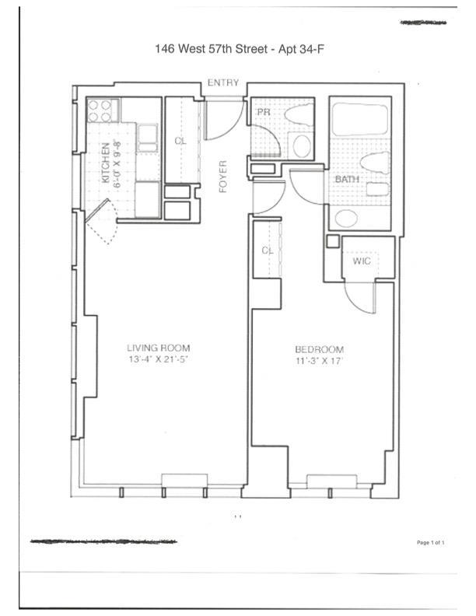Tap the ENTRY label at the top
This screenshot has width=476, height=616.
click(223, 83)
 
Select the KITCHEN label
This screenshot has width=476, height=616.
click(105, 163)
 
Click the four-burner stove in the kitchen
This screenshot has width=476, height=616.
click(100, 110)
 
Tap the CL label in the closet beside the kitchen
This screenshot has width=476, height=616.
click(180, 141)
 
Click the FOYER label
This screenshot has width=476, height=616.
click(222, 177)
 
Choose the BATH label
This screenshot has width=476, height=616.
click(346, 180)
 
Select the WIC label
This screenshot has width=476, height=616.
click(362, 261)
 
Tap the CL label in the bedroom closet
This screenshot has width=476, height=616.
click(268, 250)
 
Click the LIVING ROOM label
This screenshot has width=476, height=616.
click(159, 348)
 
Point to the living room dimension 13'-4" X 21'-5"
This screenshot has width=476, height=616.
click(159, 360)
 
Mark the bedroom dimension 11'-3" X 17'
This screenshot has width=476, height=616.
click(319, 361)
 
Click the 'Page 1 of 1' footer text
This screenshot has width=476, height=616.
click(431, 542)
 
